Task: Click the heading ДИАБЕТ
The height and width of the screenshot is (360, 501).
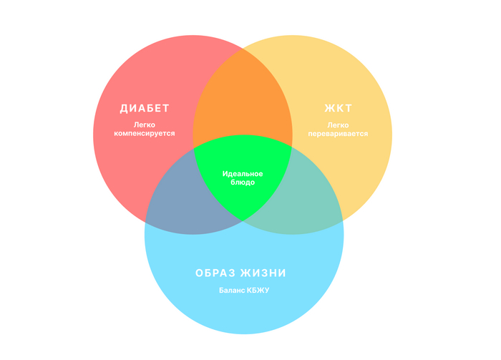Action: (145, 109)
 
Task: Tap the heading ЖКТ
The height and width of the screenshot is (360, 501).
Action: (339, 109)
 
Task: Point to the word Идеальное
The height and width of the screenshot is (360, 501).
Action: (243, 174)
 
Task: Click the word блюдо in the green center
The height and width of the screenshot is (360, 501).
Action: (243, 183)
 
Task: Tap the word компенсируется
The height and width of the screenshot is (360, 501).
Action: (145, 133)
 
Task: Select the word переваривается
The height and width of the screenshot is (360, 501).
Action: (339, 133)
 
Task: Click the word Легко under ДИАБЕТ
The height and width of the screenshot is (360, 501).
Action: (145, 125)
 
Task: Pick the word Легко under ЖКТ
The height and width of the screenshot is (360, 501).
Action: (339, 125)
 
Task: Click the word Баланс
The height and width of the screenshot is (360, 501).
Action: (231, 290)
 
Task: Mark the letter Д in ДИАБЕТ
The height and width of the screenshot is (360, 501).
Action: (124, 109)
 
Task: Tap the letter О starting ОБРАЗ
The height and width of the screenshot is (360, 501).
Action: (200, 273)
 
